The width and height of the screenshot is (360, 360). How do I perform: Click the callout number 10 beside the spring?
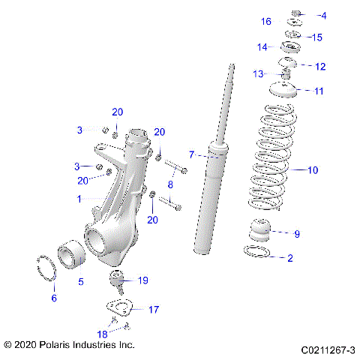(x=313, y=170)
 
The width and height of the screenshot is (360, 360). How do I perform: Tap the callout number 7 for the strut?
(x=191, y=155)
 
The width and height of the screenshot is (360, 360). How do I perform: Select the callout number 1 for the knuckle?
(x=79, y=199)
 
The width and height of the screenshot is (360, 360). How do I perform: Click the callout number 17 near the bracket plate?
(x=153, y=309)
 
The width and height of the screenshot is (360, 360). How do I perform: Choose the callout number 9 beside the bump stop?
(x=296, y=234)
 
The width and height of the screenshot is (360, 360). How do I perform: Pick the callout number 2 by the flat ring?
(x=290, y=259)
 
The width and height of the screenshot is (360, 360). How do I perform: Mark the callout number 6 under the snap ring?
(x=53, y=298)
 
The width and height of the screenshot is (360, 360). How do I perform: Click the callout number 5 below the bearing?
(x=81, y=282)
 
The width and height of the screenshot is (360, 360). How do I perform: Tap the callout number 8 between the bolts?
(x=171, y=184)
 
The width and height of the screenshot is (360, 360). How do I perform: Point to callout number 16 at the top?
(x=266, y=22)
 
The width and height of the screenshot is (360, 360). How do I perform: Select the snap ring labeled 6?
(x=46, y=269)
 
